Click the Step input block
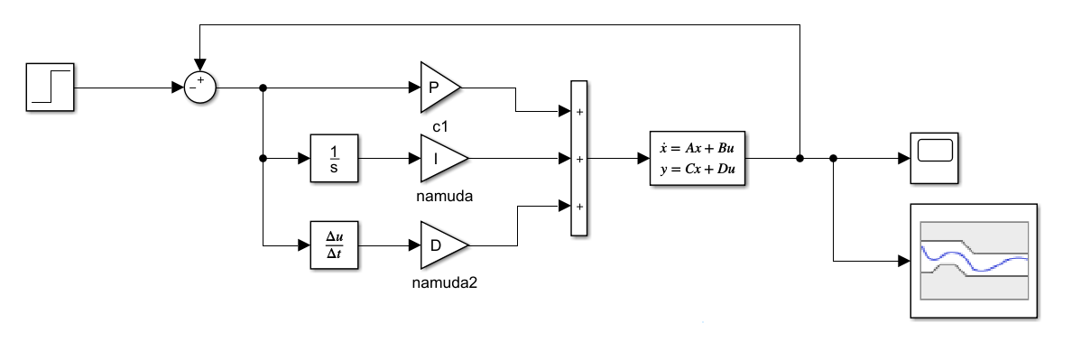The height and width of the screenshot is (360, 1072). click(x=50, y=87)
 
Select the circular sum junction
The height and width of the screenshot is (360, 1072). click(x=200, y=88)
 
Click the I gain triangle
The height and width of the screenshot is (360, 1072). click(x=444, y=158)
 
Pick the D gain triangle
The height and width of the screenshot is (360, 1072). click(x=444, y=245)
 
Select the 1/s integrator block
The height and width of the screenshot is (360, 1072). click(x=334, y=158)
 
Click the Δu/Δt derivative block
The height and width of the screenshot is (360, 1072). click(x=334, y=245)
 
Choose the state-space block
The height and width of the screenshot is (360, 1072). click(x=698, y=158)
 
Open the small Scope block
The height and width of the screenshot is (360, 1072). click(x=934, y=158)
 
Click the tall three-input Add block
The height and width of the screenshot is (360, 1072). click(x=579, y=158)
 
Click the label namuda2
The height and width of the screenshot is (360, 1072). click(x=444, y=282)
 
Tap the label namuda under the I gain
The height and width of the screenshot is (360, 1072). click(x=444, y=196)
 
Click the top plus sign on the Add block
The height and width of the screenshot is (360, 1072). click(x=579, y=112)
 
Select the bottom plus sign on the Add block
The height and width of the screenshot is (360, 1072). click(x=579, y=207)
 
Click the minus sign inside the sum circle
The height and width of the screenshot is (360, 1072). click(x=192, y=88)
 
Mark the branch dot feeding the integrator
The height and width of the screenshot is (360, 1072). click(x=263, y=158)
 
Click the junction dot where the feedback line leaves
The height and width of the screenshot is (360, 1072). click(x=799, y=158)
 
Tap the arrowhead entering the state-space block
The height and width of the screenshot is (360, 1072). click(x=643, y=158)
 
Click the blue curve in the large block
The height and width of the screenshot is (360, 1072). click(x=975, y=260)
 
